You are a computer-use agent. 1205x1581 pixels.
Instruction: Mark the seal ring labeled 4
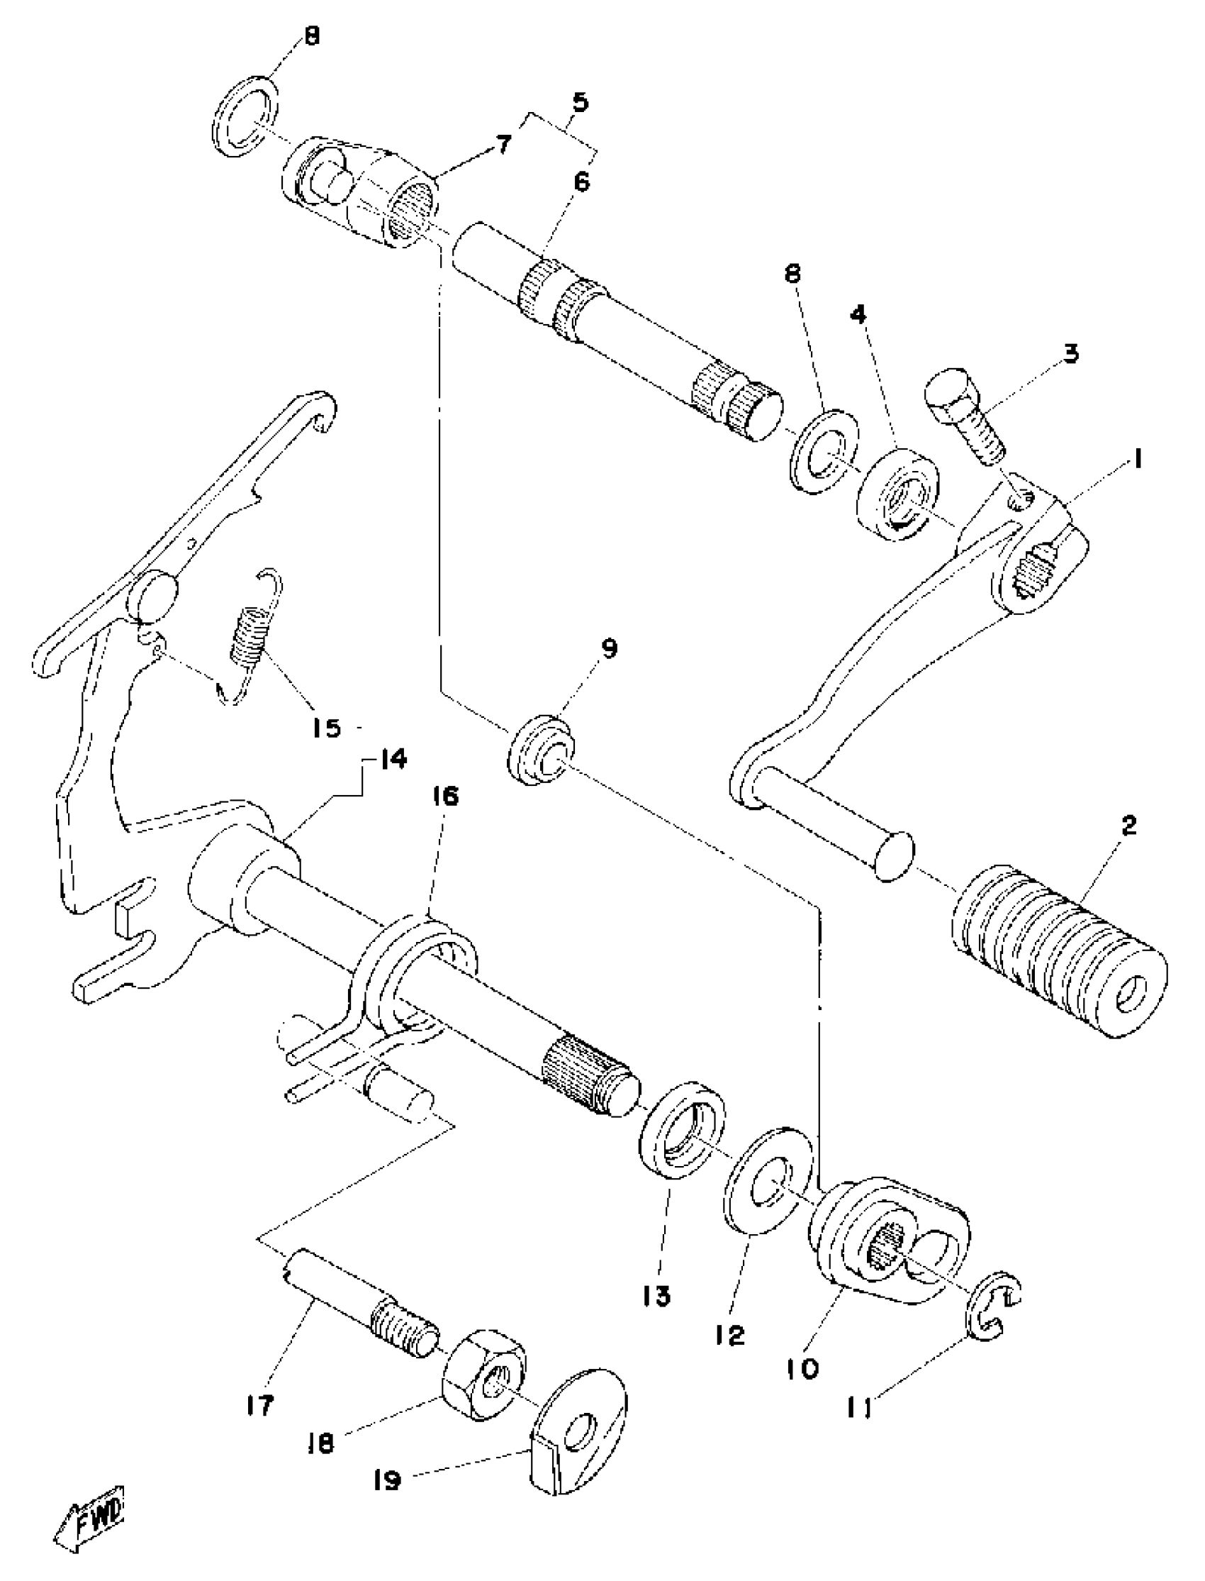(899, 494)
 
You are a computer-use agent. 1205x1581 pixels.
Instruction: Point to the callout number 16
(444, 797)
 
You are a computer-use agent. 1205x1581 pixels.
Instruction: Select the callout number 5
(580, 103)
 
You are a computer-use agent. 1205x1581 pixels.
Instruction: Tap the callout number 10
(802, 1370)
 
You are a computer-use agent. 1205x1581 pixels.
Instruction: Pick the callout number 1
(1138, 458)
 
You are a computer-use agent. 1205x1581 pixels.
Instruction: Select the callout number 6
(582, 182)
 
